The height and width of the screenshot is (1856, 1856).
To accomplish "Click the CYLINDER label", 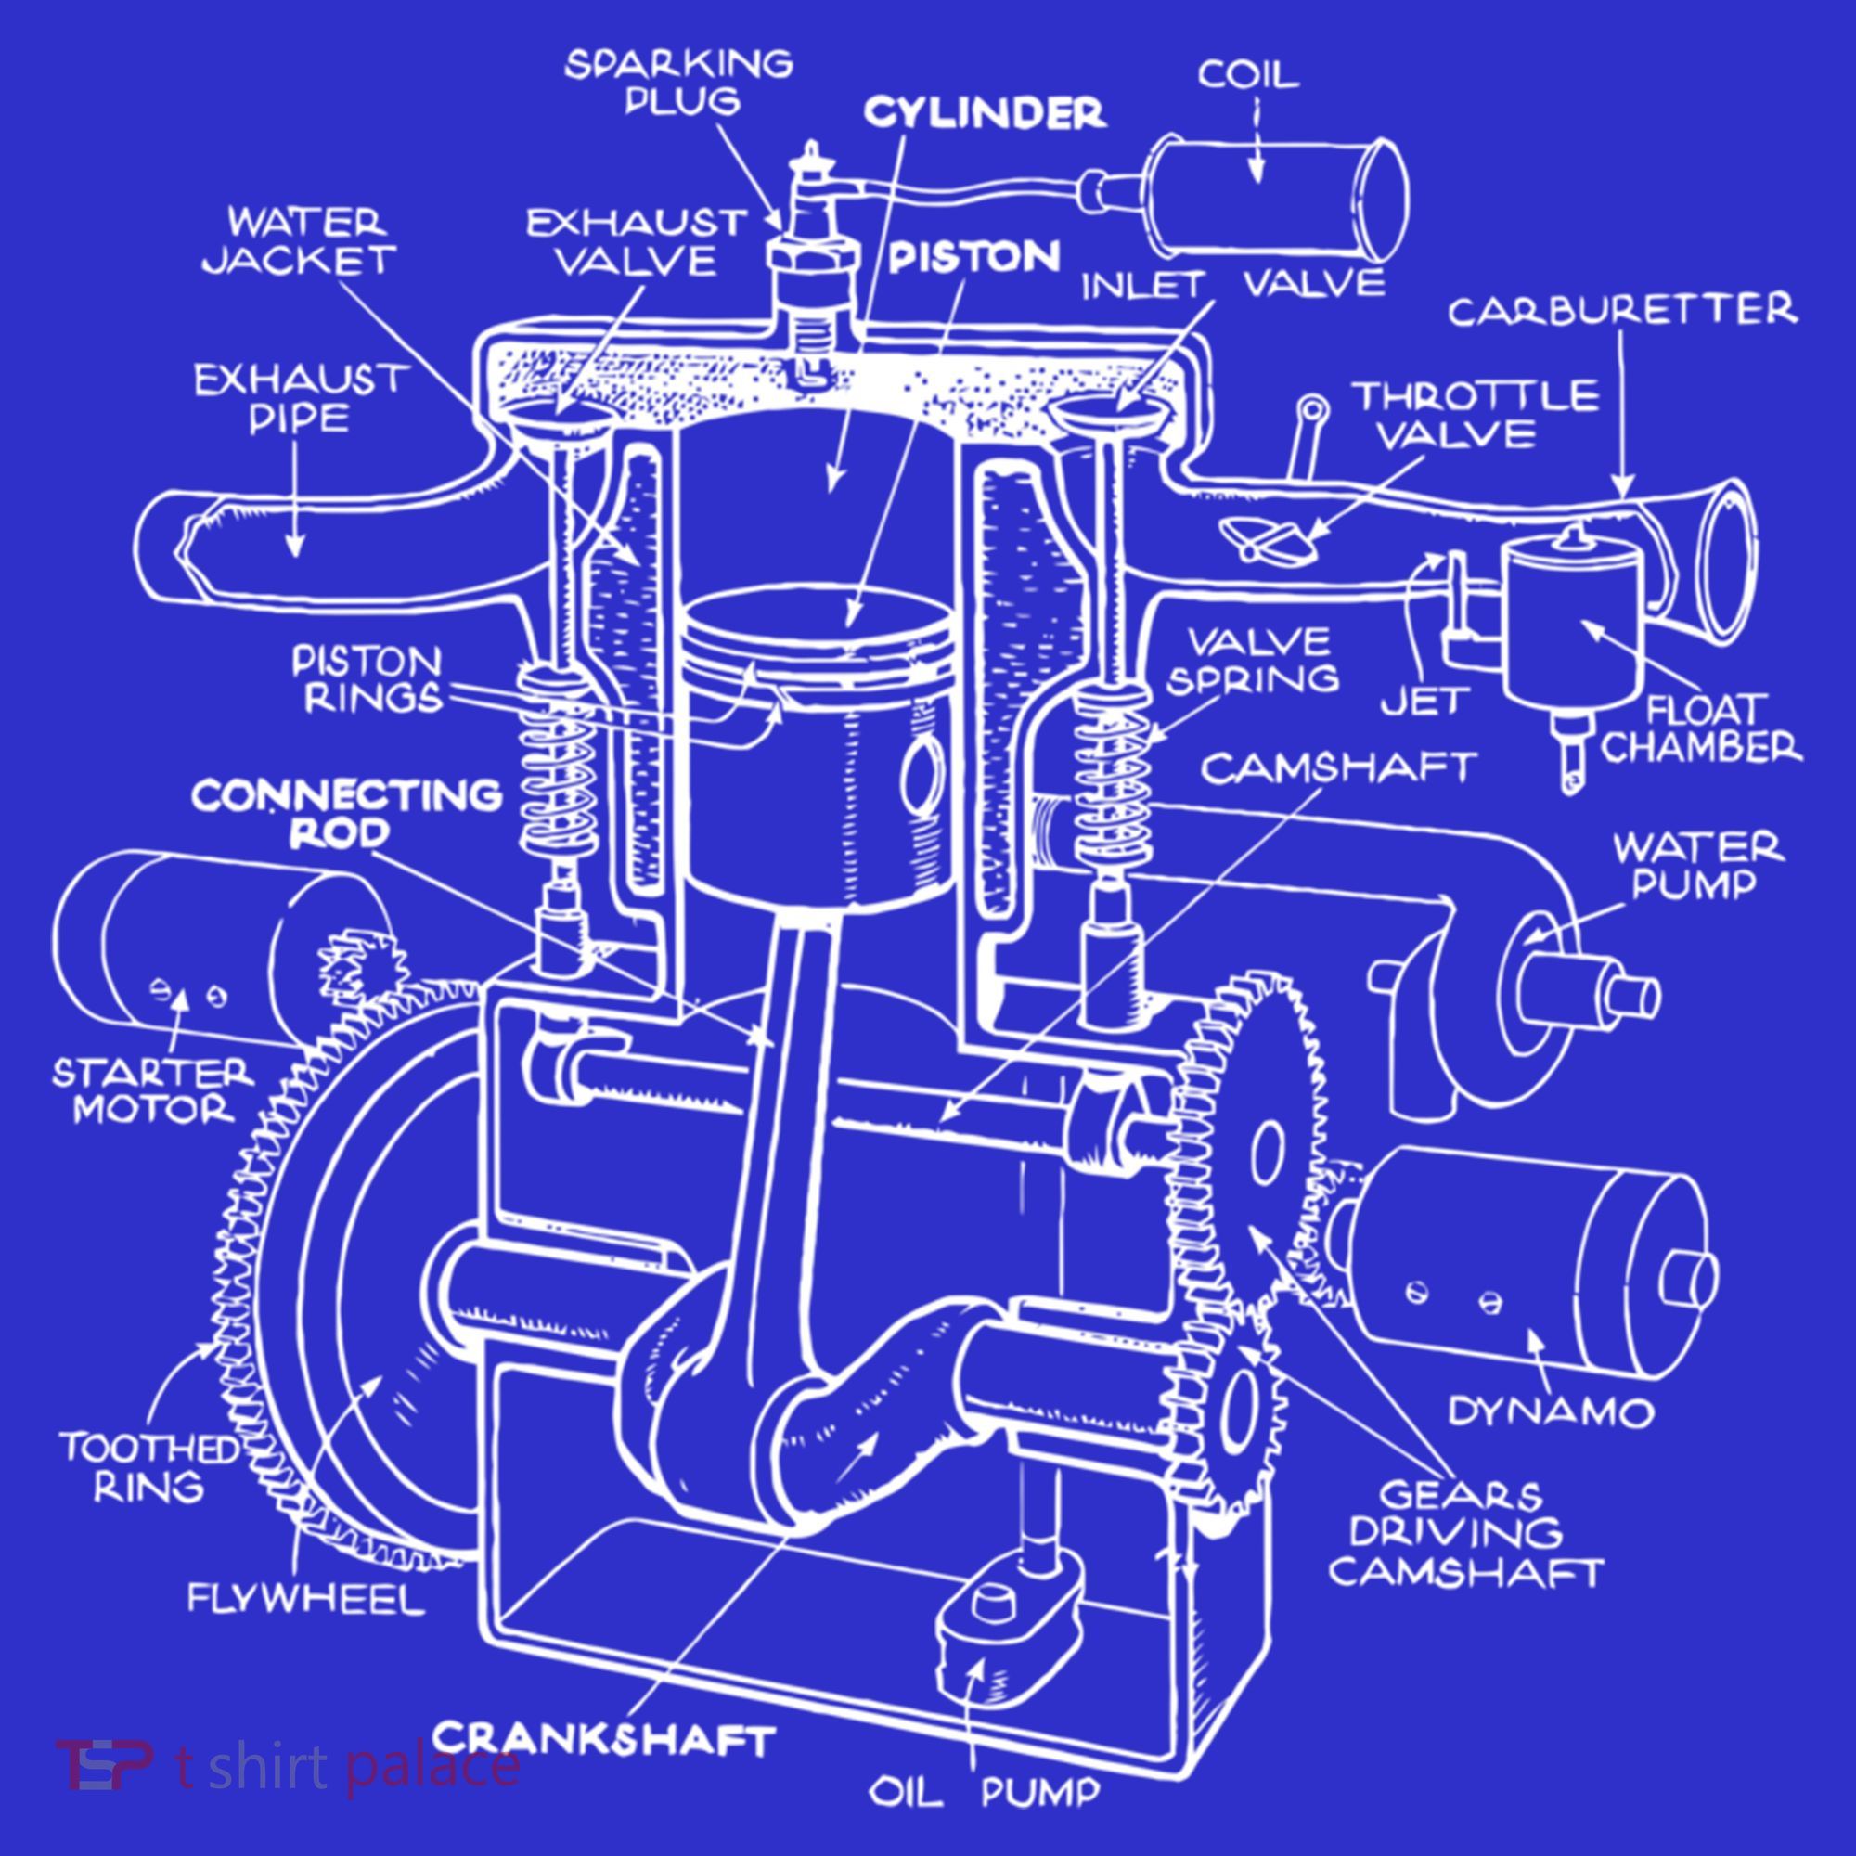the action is point(985,113).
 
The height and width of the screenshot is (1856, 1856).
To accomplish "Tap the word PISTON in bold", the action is point(974,256).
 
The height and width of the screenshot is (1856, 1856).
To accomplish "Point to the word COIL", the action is point(1248,74).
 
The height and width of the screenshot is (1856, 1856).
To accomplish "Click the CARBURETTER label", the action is point(1622,309).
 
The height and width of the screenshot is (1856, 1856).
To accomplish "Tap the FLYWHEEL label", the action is point(305,1599).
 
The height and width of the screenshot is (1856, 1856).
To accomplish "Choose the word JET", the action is point(1425,702).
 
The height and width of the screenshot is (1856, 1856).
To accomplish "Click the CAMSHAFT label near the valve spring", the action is point(1339,767).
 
